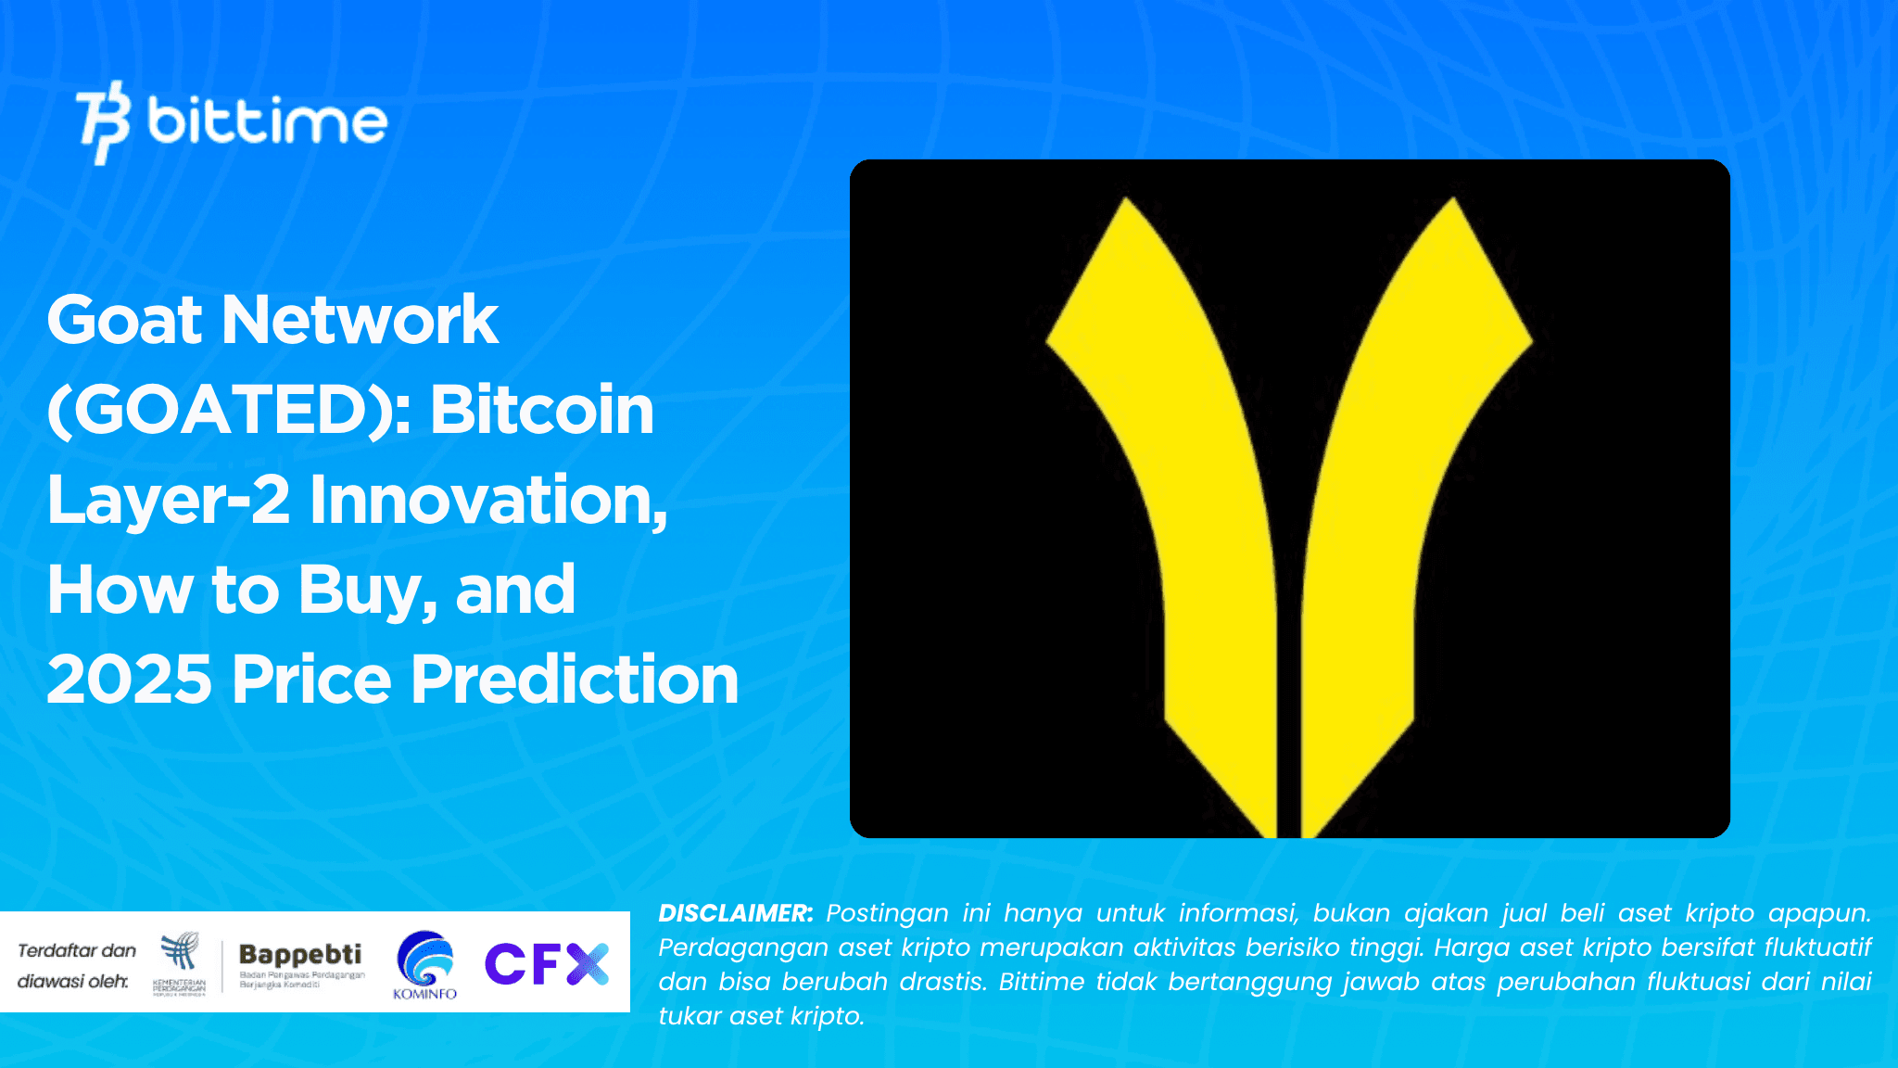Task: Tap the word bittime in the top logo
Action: pyautogui.click(x=267, y=121)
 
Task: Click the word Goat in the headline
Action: pyautogui.click(x=124, y=320)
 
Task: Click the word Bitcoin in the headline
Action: pyautogui.click(x=542, y=410)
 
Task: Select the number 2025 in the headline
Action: pyautogui.click(x=130, y=680)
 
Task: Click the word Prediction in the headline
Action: pyautogui.click(x=575, y=680)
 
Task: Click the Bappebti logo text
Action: pyautogui.click(x=300, y=955)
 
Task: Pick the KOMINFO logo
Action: pyautogui.click(x=425, y=965)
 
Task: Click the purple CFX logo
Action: pyautogui.click(x=546, y=964)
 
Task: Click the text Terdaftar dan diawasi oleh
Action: pyautogui.click(x=76, y=965)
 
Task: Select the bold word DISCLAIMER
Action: pyautogui.click(x=736, y=913)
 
